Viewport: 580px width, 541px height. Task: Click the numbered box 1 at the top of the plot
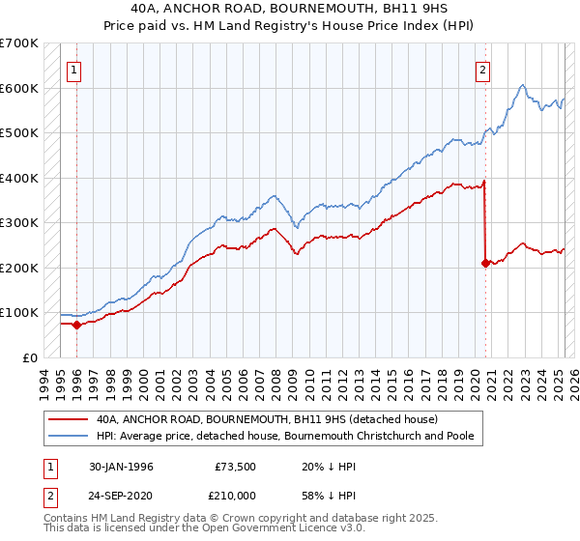(x=74, y=69)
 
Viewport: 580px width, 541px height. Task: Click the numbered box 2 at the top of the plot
(x=482, y=69)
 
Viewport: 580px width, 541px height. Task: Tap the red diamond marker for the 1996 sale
(x=76, y=325)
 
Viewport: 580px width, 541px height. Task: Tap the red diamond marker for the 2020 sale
(x=485, y=263)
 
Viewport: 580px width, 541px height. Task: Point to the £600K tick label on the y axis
(x=19, y=88)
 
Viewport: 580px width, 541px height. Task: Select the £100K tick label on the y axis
(x=19, y=312)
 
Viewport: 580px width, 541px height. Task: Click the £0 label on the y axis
(x=29, y=357)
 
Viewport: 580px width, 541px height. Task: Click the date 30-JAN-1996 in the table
(x=120, y=467)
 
